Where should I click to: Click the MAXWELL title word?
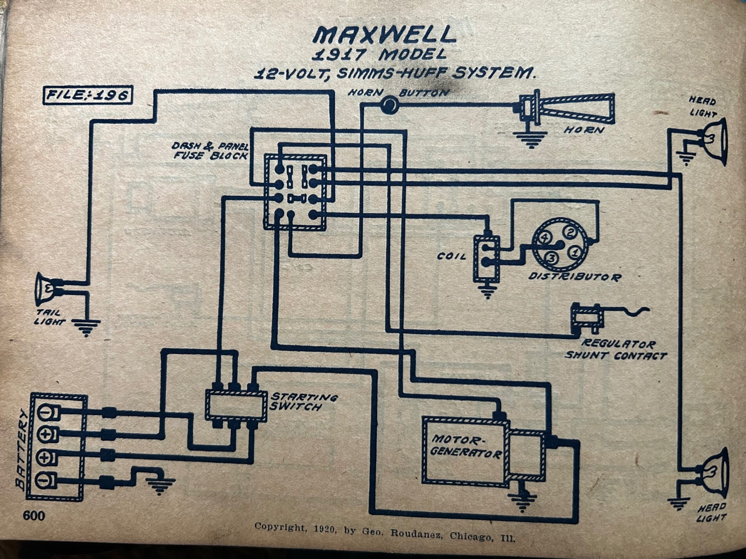(383, 35)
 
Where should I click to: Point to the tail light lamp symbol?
(46, 288)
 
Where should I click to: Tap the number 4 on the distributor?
(543, 238)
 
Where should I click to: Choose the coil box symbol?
(487, 259)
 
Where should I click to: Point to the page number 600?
(34, 516)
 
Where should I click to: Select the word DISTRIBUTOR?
(574, 277)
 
